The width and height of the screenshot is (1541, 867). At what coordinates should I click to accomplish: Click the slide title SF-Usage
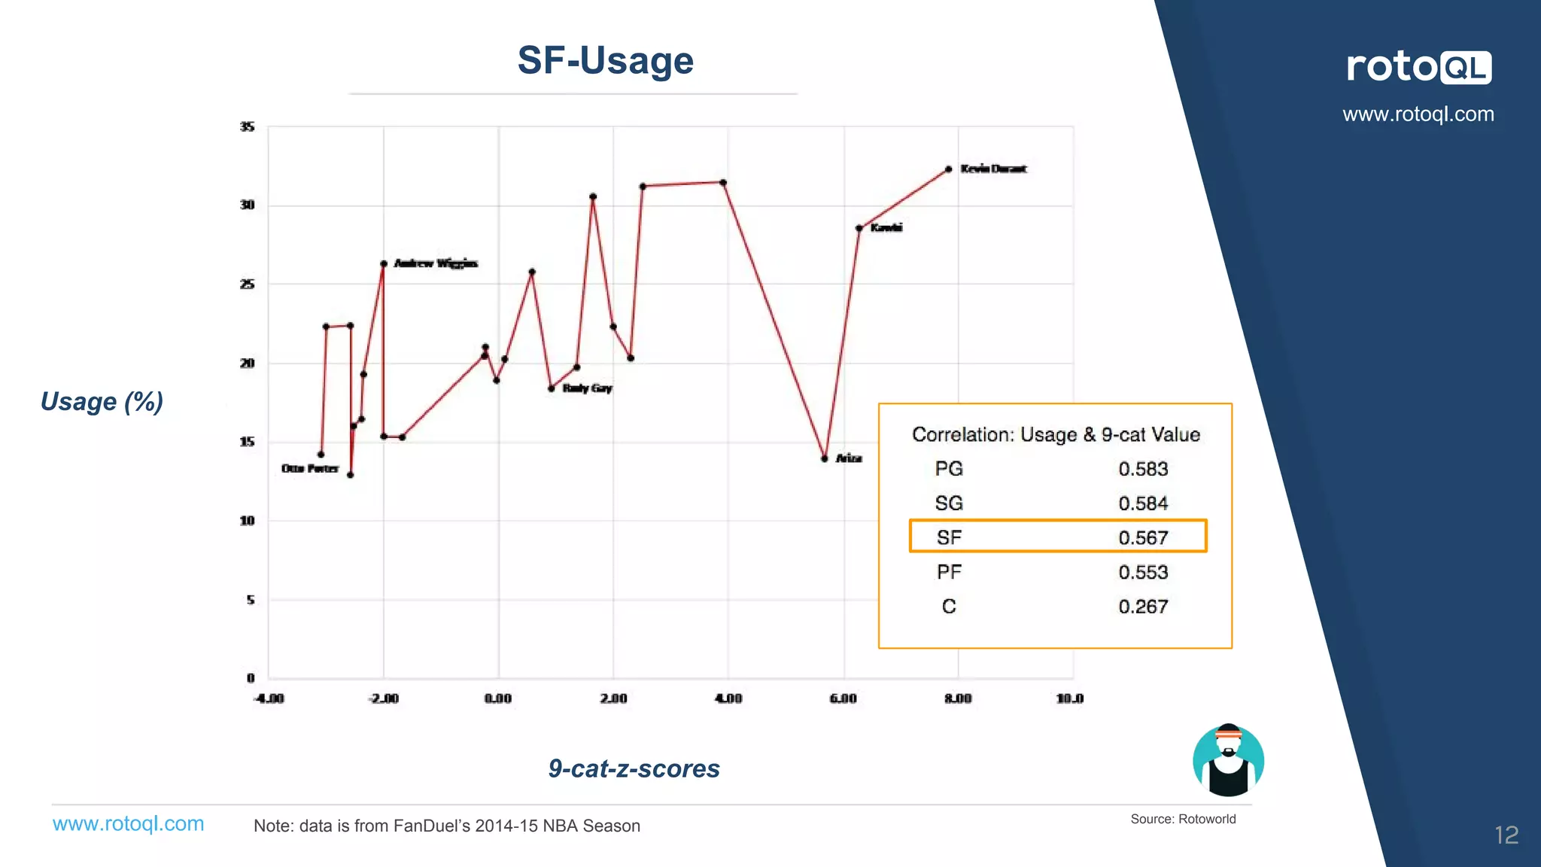point(605,60)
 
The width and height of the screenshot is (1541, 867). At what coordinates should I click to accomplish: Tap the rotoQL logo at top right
point(1418,67)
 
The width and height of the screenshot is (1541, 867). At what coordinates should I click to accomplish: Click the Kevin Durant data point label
point(993,169)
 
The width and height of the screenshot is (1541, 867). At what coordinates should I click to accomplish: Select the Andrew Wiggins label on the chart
point(436,263)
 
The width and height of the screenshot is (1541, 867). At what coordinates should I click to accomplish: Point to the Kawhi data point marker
point(859,228)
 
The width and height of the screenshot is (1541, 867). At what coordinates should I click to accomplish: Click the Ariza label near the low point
point(849,458)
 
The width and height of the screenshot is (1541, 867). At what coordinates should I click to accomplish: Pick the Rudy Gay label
point(587,388)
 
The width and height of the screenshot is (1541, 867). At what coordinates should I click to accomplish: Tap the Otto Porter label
point(310,468)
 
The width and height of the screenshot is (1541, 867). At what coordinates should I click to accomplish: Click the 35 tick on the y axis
point(247,126)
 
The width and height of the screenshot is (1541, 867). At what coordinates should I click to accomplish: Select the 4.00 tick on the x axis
point(728,698)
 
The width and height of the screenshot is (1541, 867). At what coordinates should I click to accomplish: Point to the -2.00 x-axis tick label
point(383,698)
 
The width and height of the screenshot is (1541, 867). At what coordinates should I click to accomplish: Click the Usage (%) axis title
point(102,401)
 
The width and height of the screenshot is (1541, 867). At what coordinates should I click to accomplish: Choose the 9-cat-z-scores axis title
point(634,768)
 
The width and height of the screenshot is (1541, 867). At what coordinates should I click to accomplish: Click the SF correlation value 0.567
point(1142,537)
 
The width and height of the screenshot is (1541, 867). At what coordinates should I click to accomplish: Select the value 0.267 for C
point(1142,607)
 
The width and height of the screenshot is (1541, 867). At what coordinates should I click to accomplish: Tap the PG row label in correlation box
point(949,469)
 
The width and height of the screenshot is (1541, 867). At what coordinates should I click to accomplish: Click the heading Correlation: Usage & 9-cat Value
point(1055,434)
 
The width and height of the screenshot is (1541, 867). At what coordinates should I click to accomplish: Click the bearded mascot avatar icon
point(1228,760)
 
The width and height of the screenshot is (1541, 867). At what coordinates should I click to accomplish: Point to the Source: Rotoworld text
point(1183,819)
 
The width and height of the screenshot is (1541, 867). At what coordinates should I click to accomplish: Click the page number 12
point(1506,835)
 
